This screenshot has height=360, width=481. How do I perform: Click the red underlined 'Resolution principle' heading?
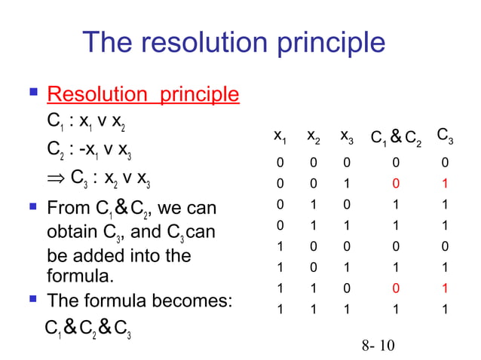(143, 95)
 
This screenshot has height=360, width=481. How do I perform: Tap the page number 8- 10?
(378, 346)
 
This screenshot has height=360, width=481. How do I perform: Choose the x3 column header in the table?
(346, 137)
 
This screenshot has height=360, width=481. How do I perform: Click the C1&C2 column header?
(397, 138)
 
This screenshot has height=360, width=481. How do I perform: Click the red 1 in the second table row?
(445, 183)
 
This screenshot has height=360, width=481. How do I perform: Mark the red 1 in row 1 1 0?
(445, 288)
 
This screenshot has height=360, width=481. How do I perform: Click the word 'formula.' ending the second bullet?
(81, 276)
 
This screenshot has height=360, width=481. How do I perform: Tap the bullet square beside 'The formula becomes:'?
(33, 301)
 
